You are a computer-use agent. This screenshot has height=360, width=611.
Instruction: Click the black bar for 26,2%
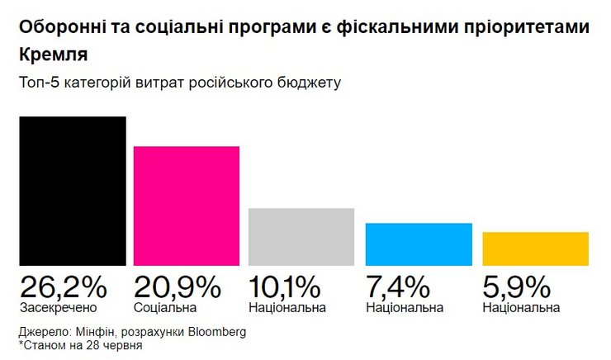pos(73,191)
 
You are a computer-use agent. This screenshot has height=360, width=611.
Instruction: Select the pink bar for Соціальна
pos(187,206)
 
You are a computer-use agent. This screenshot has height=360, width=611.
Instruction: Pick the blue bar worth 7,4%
pos(419,244)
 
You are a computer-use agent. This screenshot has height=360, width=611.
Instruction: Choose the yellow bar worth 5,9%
pos(535,249)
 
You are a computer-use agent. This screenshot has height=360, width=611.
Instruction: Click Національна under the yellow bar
pos(521,308)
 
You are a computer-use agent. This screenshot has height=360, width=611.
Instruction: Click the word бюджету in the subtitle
pos(311,83)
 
